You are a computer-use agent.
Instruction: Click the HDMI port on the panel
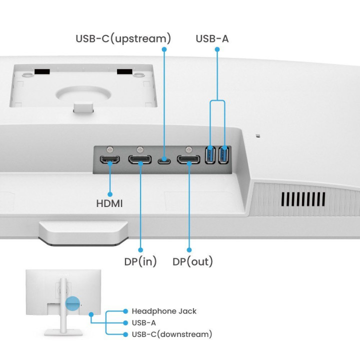(110, 160)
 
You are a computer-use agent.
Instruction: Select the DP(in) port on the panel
(140, 160)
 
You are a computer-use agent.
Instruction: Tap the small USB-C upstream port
(163, 161)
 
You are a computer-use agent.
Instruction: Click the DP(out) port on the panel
(189, 160)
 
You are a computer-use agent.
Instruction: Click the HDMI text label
(109, 204)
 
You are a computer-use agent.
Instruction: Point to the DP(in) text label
(140, 261)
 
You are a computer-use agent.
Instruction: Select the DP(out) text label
(192, 261)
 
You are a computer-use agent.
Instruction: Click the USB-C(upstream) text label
(123, 38)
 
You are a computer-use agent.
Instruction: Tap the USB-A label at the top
(212, 38)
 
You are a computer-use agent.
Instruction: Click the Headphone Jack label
(164, 311)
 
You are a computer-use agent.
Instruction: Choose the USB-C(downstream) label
(171, 334)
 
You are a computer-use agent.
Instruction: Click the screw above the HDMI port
(110, 149)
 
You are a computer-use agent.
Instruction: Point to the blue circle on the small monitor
(73, 303)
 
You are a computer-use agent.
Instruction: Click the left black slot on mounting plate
(42, 71)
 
